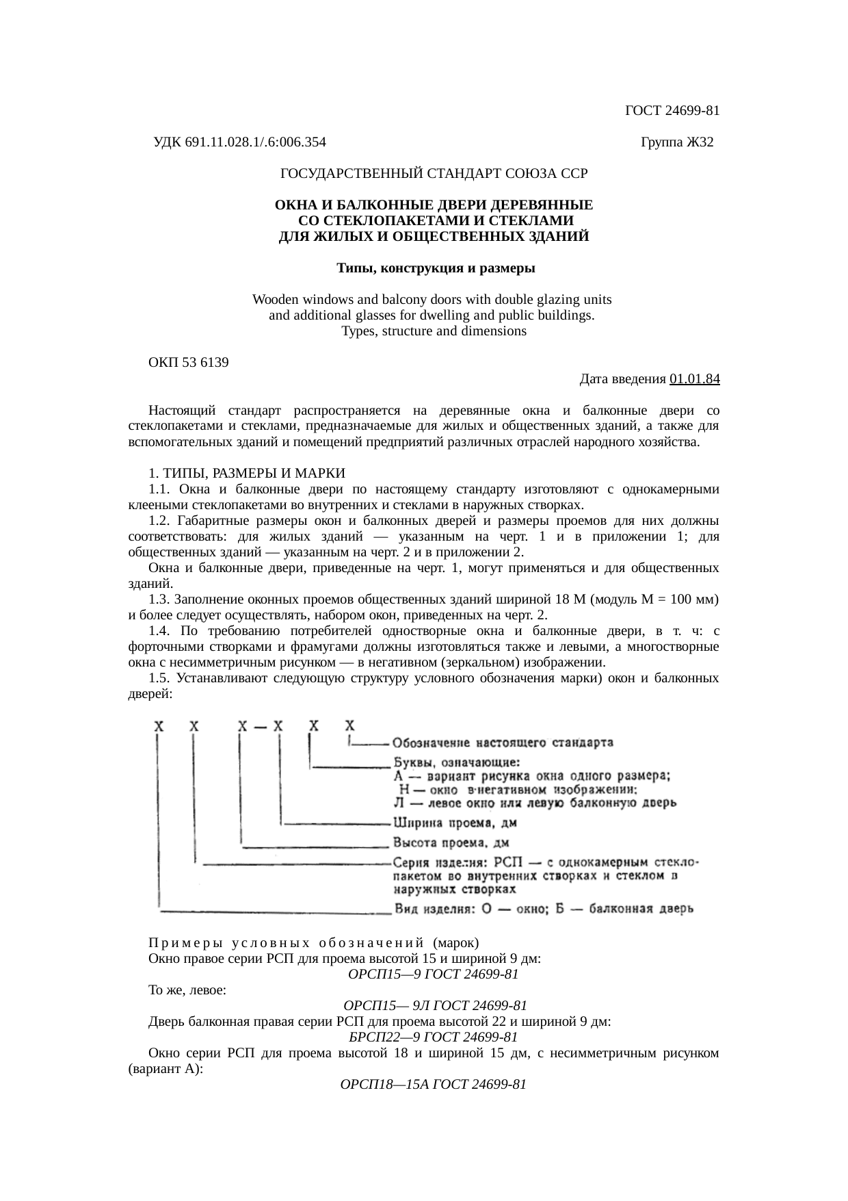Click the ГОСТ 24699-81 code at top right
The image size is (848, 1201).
(x=672, y=111)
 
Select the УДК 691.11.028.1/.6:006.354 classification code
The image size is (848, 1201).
(x=239, y=142)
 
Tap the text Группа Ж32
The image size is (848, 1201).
(x=676, y=142)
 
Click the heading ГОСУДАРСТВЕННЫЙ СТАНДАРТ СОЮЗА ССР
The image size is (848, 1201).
(x=434, y=174)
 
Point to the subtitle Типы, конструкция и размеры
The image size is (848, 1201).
(x=435, y=268)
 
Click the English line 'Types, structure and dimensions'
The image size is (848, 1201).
(x=434, y=331)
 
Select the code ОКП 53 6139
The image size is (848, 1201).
(x=189, y=363)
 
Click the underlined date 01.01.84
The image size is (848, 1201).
(x=694, y=378)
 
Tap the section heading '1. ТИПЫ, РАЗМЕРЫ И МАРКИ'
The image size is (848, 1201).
(x=247, y=474)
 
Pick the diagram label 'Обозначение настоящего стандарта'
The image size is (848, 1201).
(x=503, y=742)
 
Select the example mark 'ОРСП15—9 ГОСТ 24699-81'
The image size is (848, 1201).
(x=433, y=974)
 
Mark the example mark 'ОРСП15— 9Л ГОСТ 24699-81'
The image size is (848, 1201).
(x=434, y=1005)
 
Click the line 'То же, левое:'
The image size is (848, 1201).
(x=188, y=990)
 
